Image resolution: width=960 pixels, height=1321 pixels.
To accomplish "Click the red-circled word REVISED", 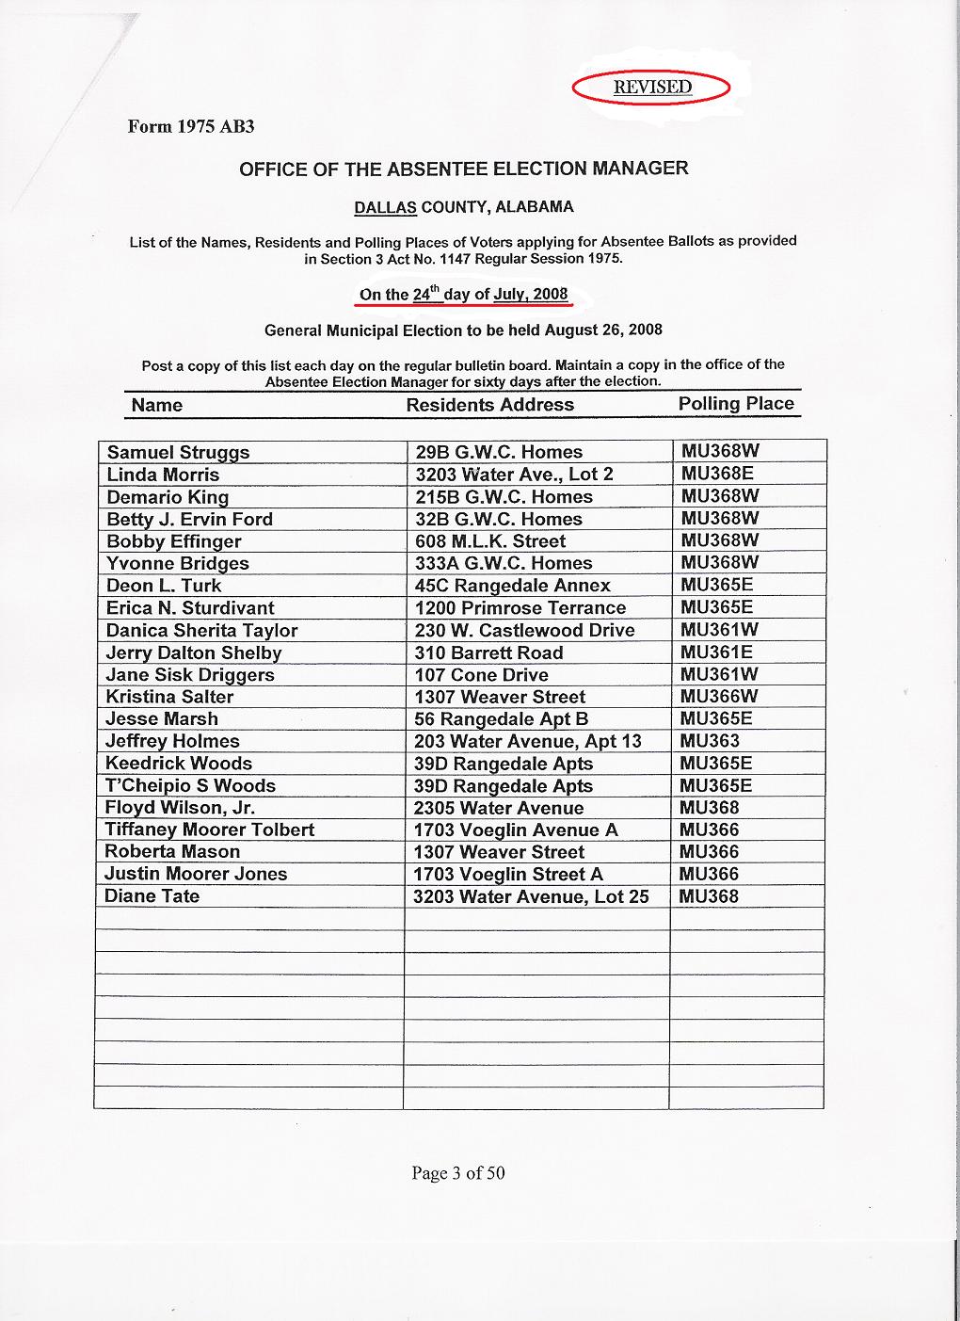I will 652,88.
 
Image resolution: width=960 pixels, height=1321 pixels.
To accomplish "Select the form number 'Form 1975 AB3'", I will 191,126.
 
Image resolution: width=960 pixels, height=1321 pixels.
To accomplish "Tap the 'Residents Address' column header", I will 489,405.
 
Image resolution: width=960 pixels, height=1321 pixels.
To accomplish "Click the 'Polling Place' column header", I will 736,404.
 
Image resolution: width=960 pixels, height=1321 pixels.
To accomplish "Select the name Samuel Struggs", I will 178,452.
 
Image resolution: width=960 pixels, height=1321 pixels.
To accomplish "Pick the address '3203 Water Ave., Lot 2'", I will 514,475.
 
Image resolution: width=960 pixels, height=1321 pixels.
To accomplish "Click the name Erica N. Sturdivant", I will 190,608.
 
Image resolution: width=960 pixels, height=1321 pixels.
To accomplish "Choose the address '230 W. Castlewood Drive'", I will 524,631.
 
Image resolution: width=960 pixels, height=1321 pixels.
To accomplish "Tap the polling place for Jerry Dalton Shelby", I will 716,652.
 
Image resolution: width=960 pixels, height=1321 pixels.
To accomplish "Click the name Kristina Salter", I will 169,697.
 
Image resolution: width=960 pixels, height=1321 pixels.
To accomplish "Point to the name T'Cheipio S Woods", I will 190,785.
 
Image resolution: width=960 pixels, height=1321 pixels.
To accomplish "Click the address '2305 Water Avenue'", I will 498,808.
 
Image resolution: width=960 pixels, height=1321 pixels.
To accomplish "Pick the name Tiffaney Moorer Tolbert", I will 209,830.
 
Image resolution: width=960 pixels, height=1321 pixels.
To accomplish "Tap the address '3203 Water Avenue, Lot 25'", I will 531,896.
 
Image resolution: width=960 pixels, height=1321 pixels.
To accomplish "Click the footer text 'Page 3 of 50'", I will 457,1173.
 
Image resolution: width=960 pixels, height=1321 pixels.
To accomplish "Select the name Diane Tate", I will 152,896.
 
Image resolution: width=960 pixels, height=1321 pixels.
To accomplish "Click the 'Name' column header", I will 157,405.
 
